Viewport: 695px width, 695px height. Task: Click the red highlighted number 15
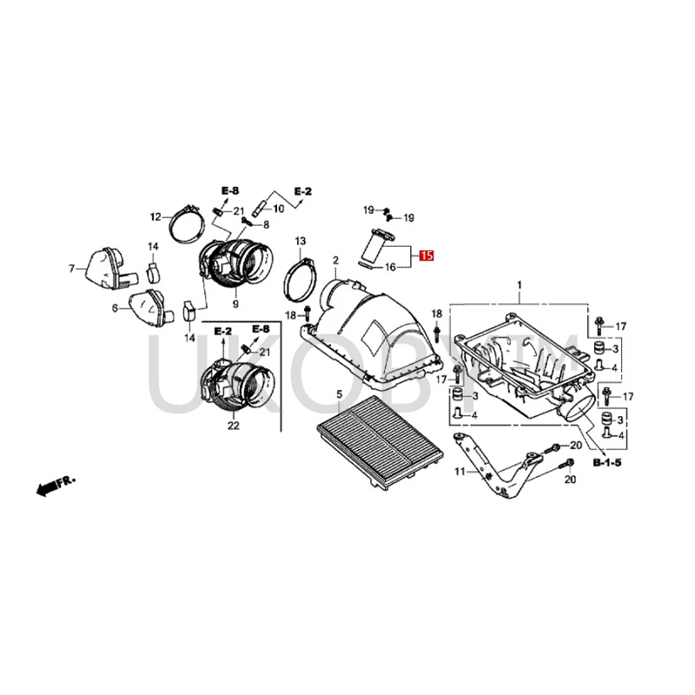click(x=426, y=255)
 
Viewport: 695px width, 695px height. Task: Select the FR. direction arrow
click(x=53, y=487)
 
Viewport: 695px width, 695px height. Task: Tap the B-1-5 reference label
click(x=607, y=464)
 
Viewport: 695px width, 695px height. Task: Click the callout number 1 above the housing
click(x=520, y=286)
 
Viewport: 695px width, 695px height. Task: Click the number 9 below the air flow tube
click(x=235, y=305)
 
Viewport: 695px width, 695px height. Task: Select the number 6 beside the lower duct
click(x=114, y=308)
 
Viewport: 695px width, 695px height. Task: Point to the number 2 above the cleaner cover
click(x=335, y=260)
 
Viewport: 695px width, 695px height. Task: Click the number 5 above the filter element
click(x=340, y=395)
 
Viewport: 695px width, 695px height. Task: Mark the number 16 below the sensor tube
click(x=390, y=267)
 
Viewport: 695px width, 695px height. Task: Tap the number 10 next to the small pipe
click(x=278, y=208)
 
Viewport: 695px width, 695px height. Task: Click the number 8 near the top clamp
click(x=242, y=224)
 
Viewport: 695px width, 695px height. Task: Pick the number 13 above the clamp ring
click(x=300, y=240)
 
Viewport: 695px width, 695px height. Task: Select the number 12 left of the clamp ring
click(x=156, y=216)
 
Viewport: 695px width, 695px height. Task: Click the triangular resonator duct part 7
click(x=103, y=266)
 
